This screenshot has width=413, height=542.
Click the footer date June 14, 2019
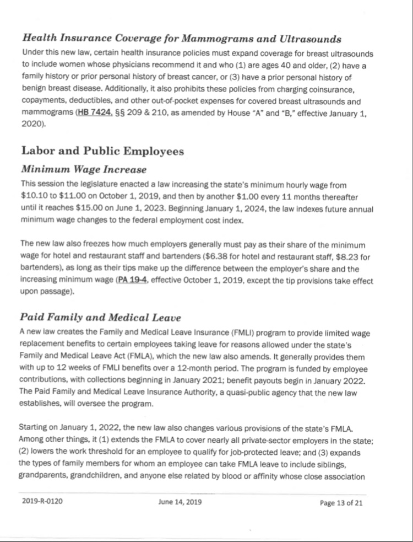tap(180, 502)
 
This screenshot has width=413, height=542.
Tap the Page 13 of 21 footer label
tap(341, 503)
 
